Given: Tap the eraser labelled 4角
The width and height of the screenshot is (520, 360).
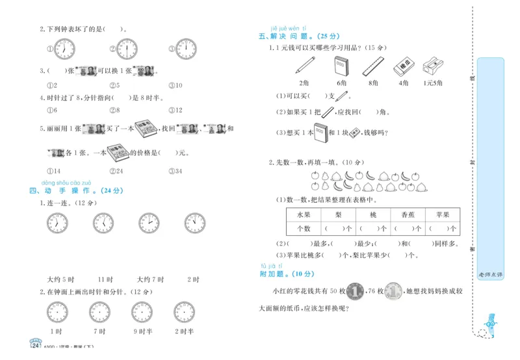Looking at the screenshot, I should coord(404,66).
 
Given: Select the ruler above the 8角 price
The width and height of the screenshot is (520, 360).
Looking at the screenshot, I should coord(372,66).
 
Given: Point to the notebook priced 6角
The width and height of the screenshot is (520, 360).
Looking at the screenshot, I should coord(341,66).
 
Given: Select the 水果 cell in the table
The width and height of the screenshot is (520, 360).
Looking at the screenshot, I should coord(304,214).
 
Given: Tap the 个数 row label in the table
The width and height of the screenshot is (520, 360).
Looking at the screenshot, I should coord(304,229).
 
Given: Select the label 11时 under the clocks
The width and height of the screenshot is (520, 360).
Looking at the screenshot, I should coord(105,279).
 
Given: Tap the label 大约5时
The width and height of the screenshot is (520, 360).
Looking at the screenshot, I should coord(58,279).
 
